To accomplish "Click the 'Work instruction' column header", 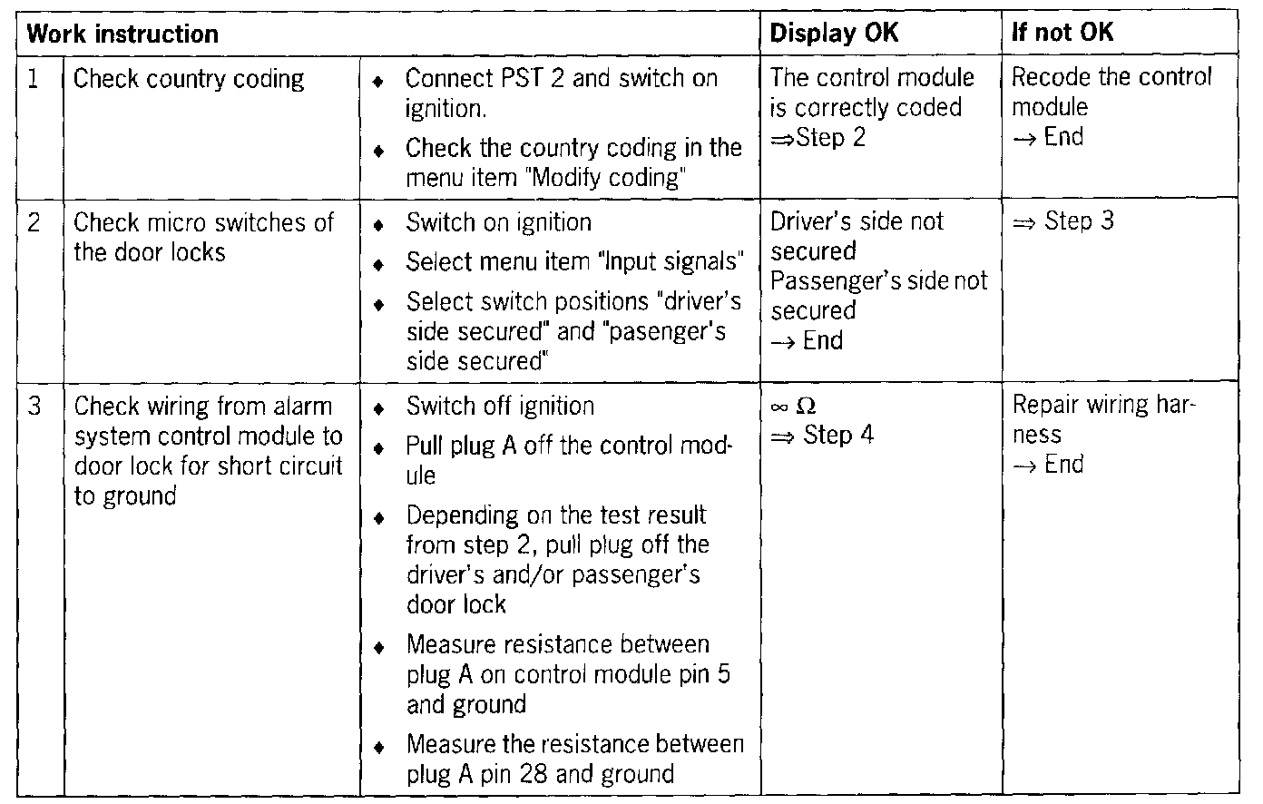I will point(122,35).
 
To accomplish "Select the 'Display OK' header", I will point(834,34).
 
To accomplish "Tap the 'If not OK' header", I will point(1062,34).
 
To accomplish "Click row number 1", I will point(34,80).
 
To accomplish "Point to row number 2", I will point(34,223).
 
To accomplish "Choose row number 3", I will point(34,407).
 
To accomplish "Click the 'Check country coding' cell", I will point(189,80).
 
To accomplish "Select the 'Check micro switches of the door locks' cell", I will point(203,238).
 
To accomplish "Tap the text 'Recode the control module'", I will point(1111,92).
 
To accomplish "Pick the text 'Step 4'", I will point(838,436).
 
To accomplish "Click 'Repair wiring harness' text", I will point(1103,419).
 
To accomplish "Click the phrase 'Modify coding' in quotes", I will point(606,178).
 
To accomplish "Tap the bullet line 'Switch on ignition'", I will point(498,223).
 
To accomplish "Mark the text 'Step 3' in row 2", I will point(1079,221).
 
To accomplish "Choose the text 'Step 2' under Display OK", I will point(830,138).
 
